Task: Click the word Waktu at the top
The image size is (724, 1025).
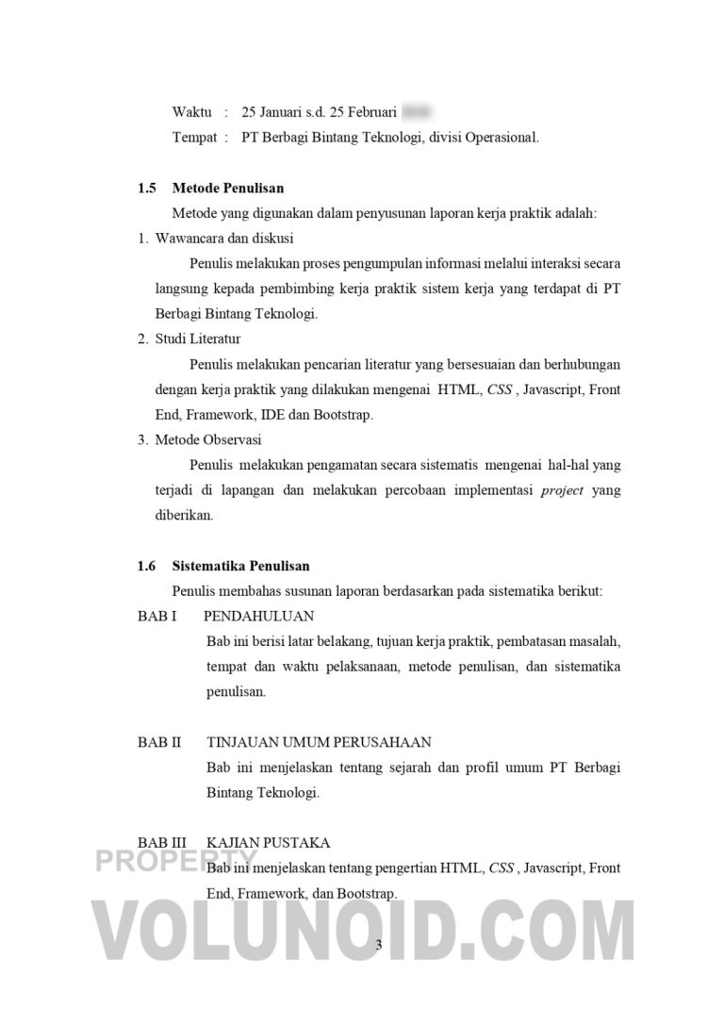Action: (191, 112)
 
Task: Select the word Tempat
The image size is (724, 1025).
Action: (194, 138)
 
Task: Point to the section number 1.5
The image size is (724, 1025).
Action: (146, 189)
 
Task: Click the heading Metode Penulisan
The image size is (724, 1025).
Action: (227, 189)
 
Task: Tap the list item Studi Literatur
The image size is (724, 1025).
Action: (198, 339)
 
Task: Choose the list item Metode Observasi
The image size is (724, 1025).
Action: (208, 439)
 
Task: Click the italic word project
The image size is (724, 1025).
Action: (563, 490)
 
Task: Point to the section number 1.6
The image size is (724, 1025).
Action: (146, 566)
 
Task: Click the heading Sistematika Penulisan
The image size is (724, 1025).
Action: (240, 566)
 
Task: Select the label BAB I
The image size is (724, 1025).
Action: (156, 617)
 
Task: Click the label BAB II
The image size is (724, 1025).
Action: (158, 742)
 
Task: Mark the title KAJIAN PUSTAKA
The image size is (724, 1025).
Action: (268, 842)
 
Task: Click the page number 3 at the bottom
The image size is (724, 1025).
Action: (379, 946)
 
